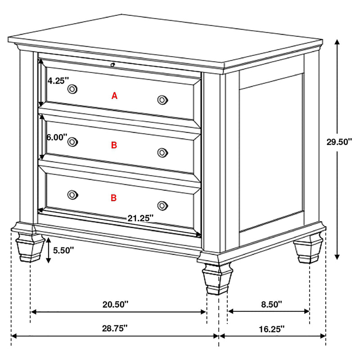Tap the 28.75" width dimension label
tap(115, 328)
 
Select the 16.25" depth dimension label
tap(272, 328)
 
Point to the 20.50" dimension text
tap(115, 304)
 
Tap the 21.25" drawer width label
tap(140, 218)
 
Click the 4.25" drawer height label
tap(58, 81)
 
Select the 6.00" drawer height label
tap(57, 137)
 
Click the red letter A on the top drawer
tap(114, 95)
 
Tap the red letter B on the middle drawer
tap(114, 145)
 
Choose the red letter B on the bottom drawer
tap(114, 198)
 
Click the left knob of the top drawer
tap(72, 89)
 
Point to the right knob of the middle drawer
tap(162, 153)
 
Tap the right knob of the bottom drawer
tap(162, 205)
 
